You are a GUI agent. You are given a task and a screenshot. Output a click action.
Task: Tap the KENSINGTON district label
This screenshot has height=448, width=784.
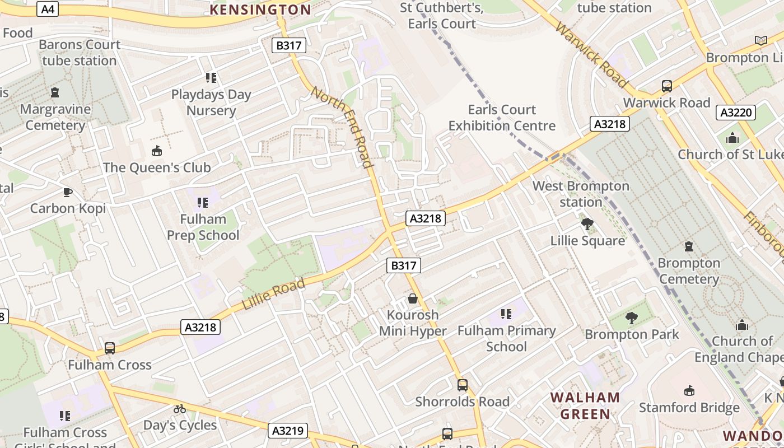pos(260,10)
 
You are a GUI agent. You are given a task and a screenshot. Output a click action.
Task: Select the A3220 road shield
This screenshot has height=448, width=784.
pos(736,113)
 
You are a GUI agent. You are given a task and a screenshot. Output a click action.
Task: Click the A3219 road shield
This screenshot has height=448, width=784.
pos(288,431)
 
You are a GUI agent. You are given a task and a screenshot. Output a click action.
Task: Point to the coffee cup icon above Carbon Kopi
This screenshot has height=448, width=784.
pos(68,192)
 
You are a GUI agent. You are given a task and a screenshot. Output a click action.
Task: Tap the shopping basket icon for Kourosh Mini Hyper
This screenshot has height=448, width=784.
pos(413,298)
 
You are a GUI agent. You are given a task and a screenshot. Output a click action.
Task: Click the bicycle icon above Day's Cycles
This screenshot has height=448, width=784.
pos(180,409)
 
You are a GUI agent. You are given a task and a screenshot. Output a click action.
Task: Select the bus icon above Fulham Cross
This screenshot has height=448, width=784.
pos(110,348)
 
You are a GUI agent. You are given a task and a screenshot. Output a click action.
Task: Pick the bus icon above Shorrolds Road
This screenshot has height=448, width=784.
pos(463,385)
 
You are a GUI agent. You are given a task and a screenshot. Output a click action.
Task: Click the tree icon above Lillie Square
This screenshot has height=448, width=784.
pos(587,225)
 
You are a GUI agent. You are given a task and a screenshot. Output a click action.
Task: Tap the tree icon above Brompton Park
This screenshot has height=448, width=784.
pos(632,318)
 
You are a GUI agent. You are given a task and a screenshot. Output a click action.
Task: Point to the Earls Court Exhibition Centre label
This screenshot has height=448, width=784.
pos(502,118)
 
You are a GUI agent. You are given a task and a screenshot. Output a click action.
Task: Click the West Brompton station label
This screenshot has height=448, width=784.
pos(581,194)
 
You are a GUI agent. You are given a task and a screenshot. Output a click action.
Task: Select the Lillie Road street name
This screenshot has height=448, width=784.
pos(274,294)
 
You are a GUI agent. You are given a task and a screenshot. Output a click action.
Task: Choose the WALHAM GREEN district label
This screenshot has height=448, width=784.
pos(585,406)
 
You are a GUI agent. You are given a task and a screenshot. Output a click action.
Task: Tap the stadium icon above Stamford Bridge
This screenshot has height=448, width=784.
pos(689,391)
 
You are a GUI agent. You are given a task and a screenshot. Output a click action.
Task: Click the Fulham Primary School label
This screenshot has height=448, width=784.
pos(506,338)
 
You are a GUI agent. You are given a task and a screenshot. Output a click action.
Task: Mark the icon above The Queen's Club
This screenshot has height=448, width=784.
pos(157,151)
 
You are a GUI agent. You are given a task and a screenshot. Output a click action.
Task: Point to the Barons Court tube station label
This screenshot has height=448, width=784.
pos(80,53)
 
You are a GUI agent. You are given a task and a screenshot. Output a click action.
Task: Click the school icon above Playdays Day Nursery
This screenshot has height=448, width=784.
pos(211,78)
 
